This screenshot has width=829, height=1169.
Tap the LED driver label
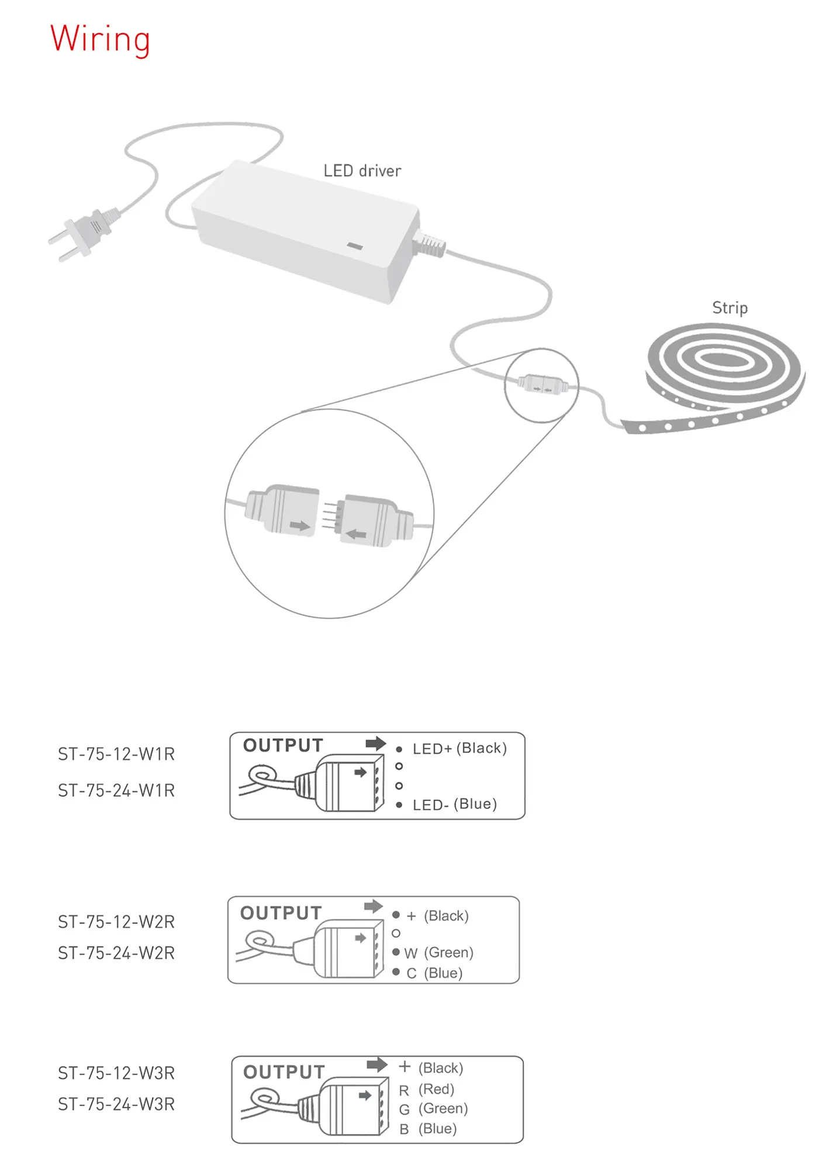[x=362, y=171]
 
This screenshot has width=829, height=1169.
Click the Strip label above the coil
[x=729, y=307]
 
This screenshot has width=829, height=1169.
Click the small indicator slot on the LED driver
[x=355, y=246]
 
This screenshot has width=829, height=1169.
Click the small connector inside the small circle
[x=542, y=385]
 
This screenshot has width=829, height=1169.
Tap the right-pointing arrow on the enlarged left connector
[x=299, y=525]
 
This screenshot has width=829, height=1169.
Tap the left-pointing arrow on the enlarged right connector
[x=356, y=533]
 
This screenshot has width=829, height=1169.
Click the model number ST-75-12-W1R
[x=116, y=754]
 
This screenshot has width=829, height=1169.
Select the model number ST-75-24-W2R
[x=116, y=953]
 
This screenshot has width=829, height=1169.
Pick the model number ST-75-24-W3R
[x=116, y=1104]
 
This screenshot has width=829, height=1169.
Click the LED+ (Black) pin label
[x=459, y=748]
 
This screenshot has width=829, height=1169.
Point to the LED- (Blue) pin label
[x=454, y=804]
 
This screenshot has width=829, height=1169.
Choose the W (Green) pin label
[x=438, y=953]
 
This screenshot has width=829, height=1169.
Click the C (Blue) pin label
[x=434, y=973]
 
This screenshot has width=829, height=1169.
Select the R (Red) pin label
[x=427, y=1090]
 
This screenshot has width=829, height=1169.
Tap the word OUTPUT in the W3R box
[x=284, y=1072]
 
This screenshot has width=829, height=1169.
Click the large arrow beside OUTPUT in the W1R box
[x=376, y=743]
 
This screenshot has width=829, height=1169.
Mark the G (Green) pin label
[x=433, y=1109]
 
